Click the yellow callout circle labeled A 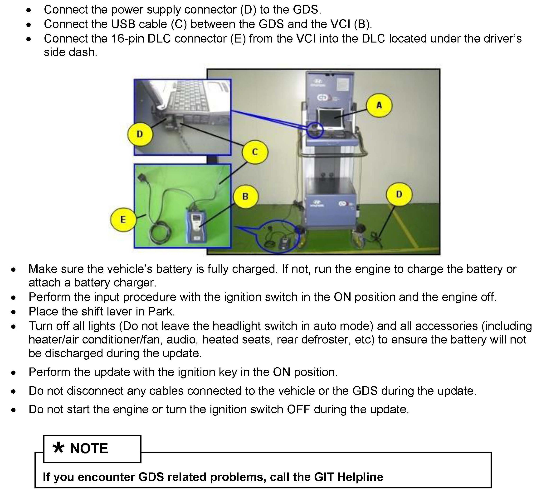(x=379, y=105)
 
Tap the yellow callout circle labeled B (x=245, y=196)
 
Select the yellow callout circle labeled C (x=255, y=152)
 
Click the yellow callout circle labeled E (x=123, y=219)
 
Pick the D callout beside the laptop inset (x=140, y=134)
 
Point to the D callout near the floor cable (x=399, y=194)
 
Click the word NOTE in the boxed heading (x=89, y=448)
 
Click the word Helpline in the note (x=361, y=477)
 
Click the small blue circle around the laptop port (x=315, y=130)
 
